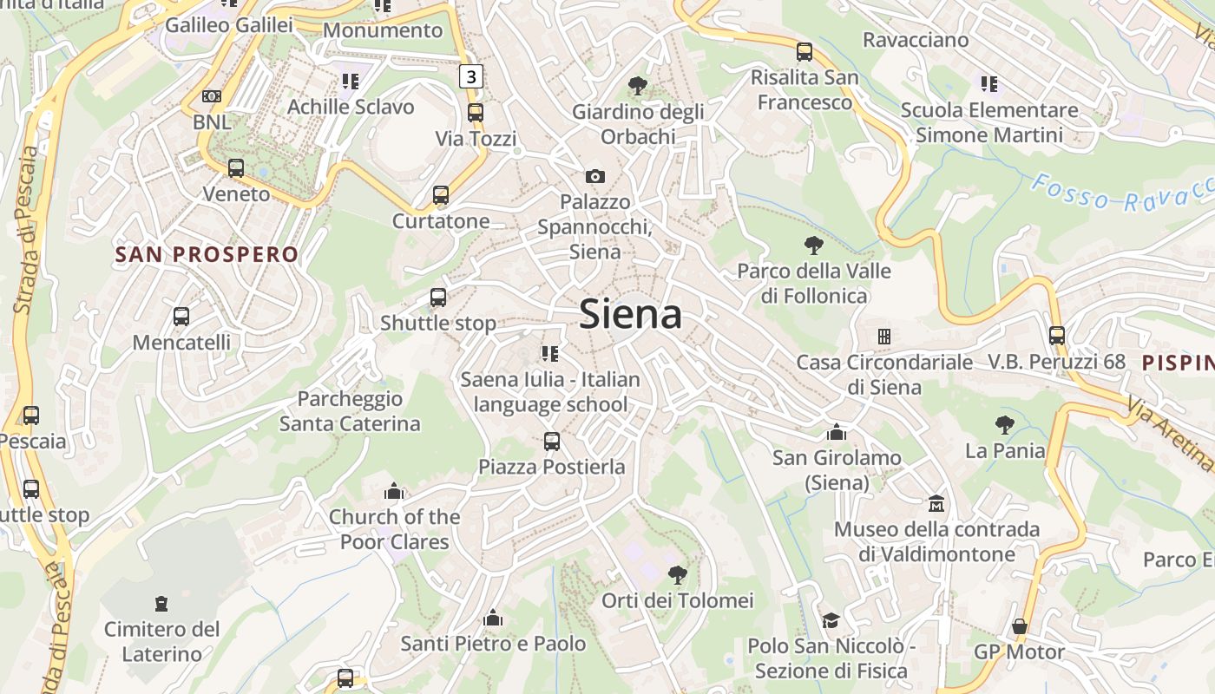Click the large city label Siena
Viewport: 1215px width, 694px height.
630,313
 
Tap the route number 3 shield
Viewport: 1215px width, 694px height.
470,76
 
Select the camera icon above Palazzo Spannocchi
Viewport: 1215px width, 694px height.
594,177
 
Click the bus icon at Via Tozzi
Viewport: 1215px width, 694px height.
475,113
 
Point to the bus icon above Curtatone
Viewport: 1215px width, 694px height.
441,195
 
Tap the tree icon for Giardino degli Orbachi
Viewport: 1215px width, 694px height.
638,86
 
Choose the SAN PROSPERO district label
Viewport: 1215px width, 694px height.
207,254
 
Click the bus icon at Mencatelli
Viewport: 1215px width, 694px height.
181,317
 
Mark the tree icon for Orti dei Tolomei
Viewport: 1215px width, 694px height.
678,574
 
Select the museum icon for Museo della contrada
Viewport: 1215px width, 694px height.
936,503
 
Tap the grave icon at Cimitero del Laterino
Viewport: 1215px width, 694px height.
161,603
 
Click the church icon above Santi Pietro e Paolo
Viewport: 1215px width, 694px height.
493,618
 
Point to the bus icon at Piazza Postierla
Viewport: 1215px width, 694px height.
551,442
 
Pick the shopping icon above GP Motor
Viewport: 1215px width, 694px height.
1019,626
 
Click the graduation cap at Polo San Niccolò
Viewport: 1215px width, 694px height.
831,620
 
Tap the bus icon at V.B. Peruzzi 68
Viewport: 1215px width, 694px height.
1056,336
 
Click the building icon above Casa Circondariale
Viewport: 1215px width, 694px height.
883,337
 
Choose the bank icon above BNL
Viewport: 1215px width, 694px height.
212,96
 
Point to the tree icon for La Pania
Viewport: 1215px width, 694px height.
1005,425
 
